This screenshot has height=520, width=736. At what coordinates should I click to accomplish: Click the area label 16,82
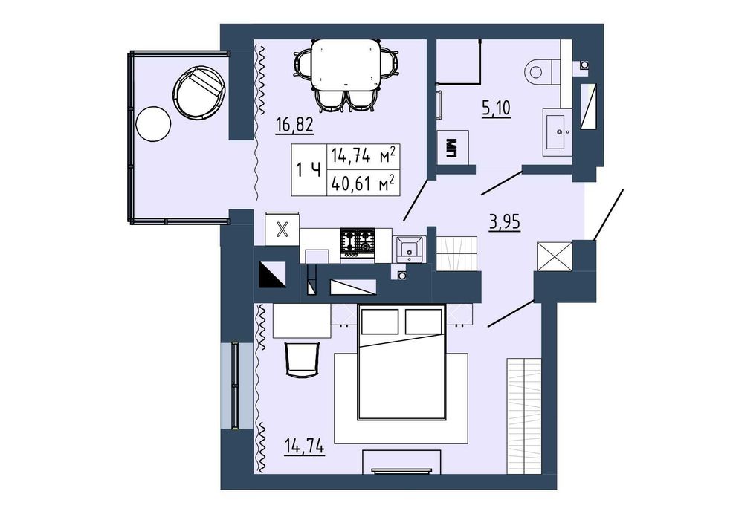tap(294, 126)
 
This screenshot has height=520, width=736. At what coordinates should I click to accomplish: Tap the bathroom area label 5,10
tap(496, 109)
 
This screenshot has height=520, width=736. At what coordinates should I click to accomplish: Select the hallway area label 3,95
tap(505, 222)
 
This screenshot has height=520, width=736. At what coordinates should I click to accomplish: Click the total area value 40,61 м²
tap(363, 183)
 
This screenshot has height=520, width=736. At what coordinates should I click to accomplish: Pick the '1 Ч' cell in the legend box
tap(309, 169)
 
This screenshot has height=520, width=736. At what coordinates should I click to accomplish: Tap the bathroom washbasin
tap(558, 131)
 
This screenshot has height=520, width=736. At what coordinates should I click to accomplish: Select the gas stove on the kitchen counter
tap(358, 243)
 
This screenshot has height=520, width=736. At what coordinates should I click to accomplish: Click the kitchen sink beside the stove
tap(410, 249)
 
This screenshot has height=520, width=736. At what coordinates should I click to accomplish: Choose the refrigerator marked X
tap(282, 230)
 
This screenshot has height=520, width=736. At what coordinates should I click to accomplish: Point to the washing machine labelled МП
tap(453, 148)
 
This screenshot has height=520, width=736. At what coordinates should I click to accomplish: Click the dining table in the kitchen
tap(346, 65)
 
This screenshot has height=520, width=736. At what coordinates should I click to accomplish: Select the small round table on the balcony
tap(153, 124)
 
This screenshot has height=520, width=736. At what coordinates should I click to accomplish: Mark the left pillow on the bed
tap(380, 321)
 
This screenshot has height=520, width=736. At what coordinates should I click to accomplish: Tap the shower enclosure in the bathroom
tap(458, 62)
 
